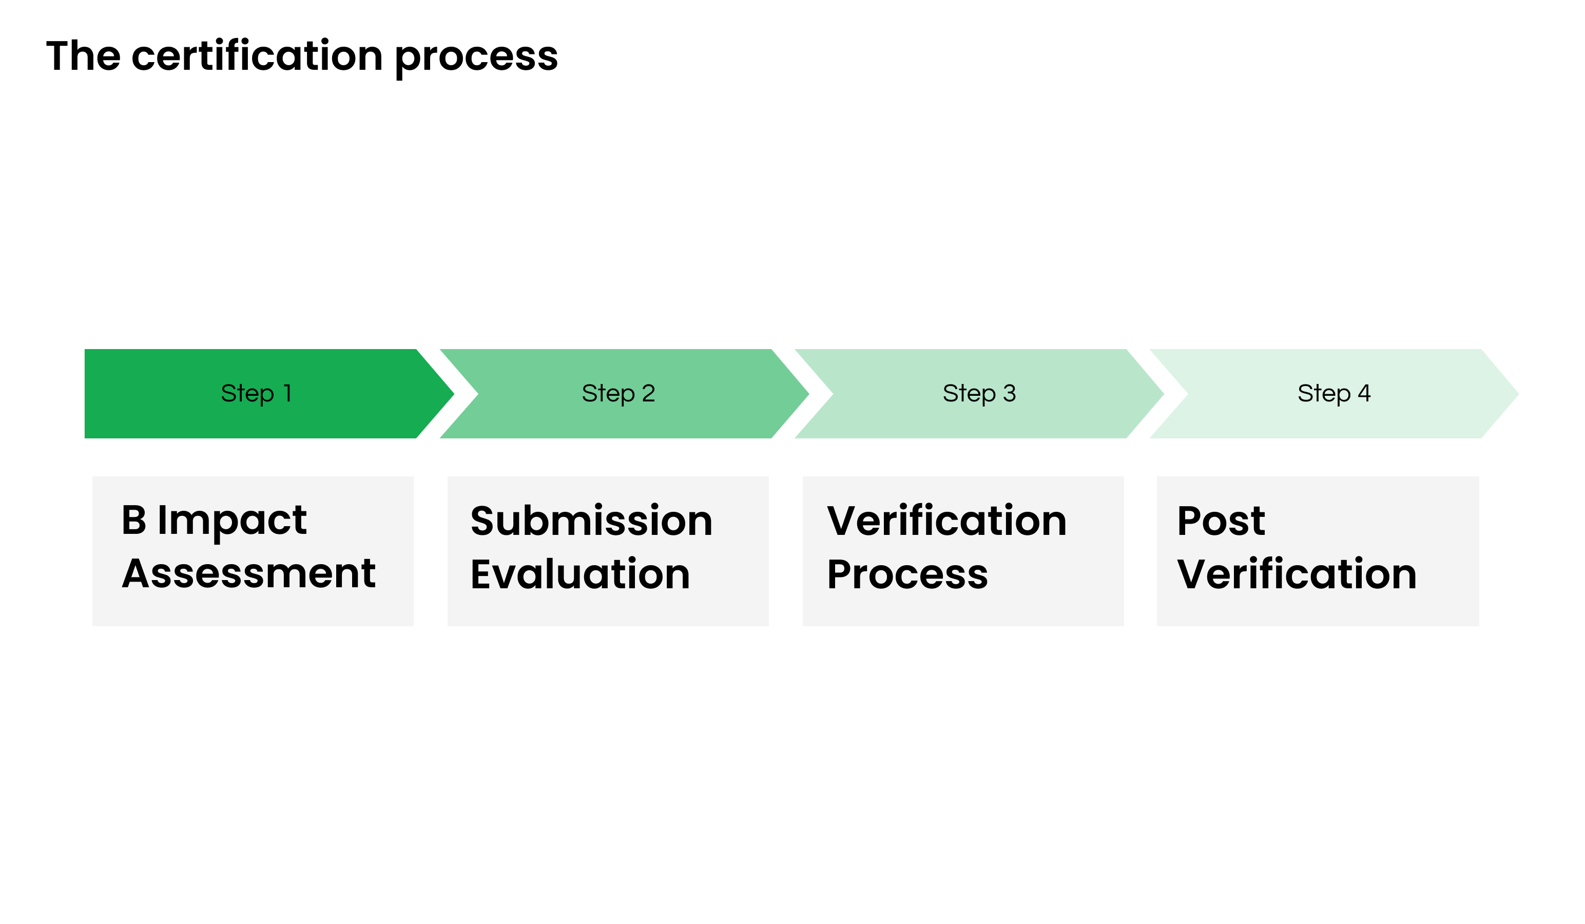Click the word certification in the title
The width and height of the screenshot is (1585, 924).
click(x=257, y=56)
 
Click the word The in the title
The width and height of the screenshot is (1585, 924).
click(x=83, y=56)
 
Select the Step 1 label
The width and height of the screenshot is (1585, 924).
click(x=256, y=394)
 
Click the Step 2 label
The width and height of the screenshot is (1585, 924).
click(x=618, y=394)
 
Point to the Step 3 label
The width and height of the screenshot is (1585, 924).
click(x=979, y=394)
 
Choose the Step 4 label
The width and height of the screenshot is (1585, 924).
click(x=1334, y=394)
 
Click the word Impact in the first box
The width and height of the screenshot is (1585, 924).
click(x=232, y=522)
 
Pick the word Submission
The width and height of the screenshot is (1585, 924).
click(x=591, y=522)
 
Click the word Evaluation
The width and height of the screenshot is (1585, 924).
click(x=580, y=574)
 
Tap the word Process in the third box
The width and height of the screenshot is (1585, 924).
click(x=907, y=575)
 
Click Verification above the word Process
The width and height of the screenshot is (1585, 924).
click(x=946, y=522)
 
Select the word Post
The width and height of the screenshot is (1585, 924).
click(x=1221, y=522)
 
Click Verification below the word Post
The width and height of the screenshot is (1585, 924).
click(x=1297, y=574)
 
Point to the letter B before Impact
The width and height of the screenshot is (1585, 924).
click(x=134, y=521)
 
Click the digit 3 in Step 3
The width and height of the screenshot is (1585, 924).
click(x=1009, y=394)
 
